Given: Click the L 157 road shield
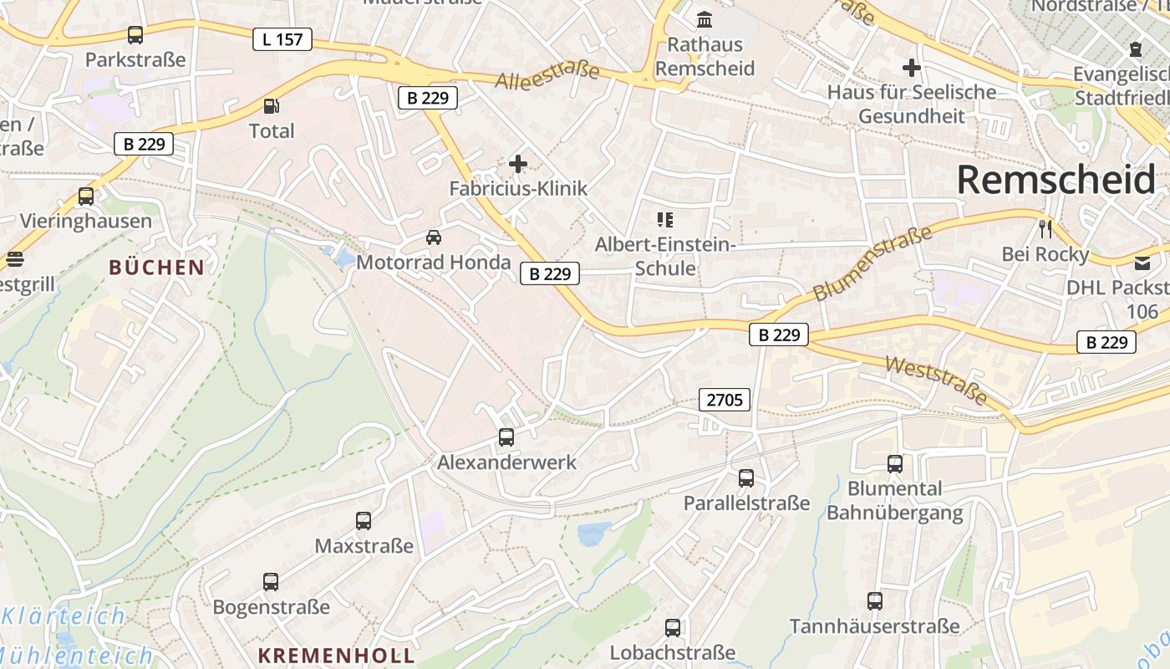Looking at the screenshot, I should [x=282, y=38].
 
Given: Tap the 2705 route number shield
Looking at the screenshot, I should [x=725, y=400].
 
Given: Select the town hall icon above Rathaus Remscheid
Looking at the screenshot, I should [x=705, y=18].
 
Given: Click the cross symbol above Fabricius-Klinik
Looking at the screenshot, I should [x=518, y=164].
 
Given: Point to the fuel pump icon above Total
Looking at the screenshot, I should [x=271, y=106].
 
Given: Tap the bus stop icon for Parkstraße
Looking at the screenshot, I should [x=135, y=35].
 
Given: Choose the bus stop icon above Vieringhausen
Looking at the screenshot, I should [x=86, y=197].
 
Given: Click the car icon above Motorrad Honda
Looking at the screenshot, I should [x=434, y=237].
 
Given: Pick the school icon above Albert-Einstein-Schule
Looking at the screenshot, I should [x=665, y=220].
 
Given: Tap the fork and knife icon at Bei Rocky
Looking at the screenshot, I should [x=1045, y=227].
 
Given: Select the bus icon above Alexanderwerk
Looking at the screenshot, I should [x=506, y=437].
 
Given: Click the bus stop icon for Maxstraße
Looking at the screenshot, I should [x=364, y=521].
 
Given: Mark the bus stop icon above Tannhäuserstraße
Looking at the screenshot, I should [x=875, y=600].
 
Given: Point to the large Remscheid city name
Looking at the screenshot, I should [x=1056, y=179].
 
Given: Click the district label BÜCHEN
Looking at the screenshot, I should [x=157, y=268].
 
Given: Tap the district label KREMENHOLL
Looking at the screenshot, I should [x=336, y=655].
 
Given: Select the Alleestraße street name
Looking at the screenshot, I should [x=547, y=75].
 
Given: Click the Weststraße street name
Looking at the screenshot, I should [x=937, y=380].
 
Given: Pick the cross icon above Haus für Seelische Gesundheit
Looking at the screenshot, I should [x=912, y=68].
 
